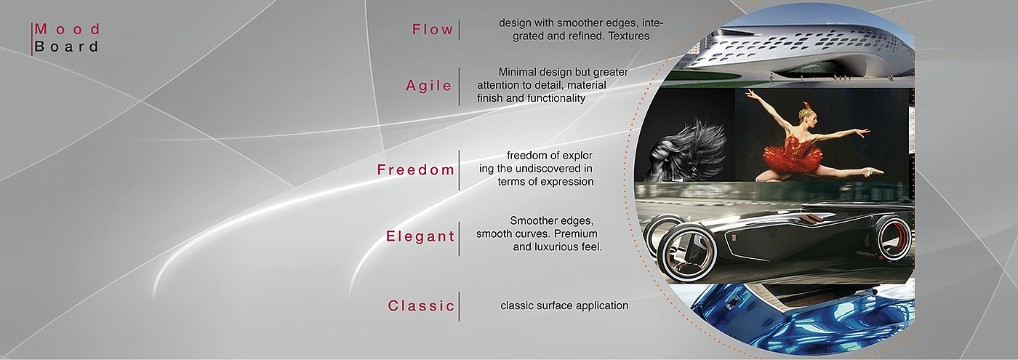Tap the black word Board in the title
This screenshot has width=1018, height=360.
click(66, 47)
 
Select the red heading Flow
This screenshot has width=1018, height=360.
click(432, 30)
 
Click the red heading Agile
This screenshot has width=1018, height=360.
click(428, 86)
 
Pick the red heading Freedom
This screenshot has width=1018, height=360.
click(415, 169)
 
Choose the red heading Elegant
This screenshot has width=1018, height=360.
click(420, 236)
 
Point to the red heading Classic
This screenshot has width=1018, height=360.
click(421, 305)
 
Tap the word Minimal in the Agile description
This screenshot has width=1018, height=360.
click(518, 72)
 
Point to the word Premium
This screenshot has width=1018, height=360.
click(575, 233)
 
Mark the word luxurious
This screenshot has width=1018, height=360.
click(556, 247)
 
